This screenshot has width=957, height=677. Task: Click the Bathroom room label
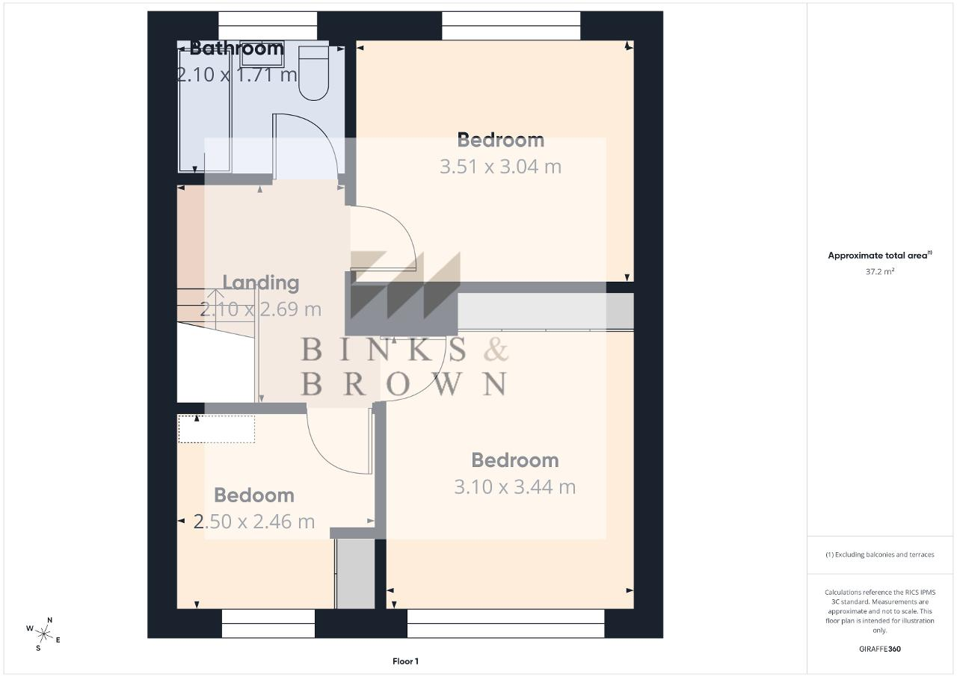237,48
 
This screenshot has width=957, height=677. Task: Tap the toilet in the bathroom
313,73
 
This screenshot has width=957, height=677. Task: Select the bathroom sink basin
262,54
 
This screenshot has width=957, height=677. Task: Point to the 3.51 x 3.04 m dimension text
501,167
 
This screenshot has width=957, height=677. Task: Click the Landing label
261,282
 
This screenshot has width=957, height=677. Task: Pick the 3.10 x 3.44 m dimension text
515,486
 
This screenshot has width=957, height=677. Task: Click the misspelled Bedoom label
253,495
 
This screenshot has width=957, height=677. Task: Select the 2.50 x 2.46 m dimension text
253,522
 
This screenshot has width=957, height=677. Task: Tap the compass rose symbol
43,634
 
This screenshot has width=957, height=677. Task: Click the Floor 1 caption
405,661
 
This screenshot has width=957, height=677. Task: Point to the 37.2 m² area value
880,271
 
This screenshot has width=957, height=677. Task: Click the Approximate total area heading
880,256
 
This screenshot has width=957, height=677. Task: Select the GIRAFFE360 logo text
880,649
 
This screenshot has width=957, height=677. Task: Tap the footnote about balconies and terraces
880,554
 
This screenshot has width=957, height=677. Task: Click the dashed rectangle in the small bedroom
217,429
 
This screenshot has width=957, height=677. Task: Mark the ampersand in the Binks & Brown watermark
496,349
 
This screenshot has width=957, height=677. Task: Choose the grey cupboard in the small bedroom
355,573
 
